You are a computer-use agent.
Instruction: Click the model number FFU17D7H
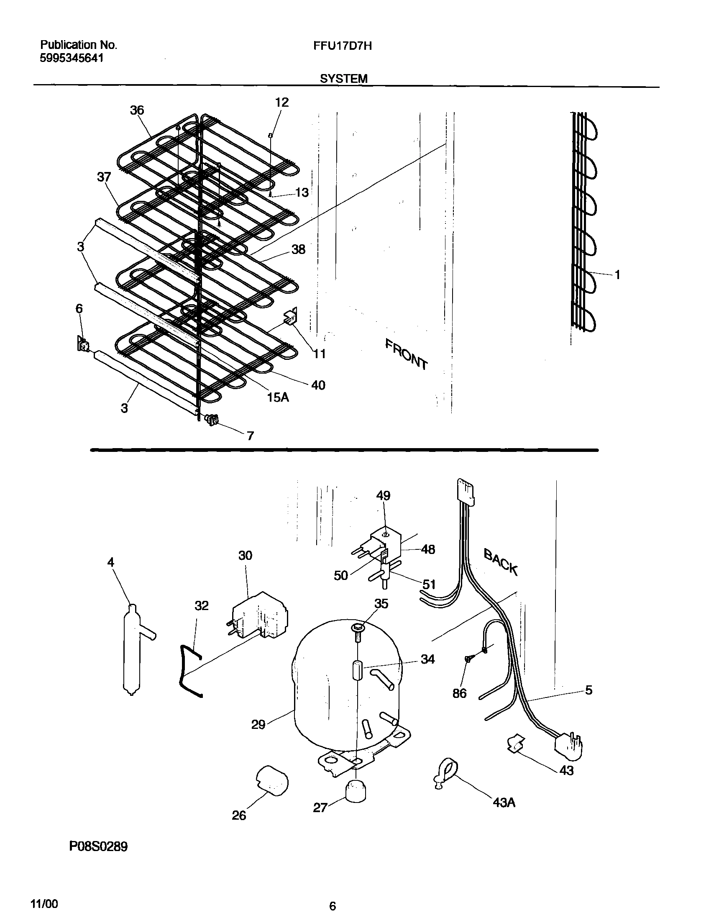pyautogui.click(x=342, y=46)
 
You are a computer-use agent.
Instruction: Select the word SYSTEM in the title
pyautogui.click(x=343, y=79)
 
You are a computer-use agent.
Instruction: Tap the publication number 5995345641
pyautogui.click(x=72, y=58)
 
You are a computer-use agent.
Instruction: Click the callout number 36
pyautogui.click(x=137, y=110)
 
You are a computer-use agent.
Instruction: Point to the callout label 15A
pyautogui.click(x=278, y=397)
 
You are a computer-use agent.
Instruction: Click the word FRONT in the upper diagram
pyautogui.click(x=407, y=354)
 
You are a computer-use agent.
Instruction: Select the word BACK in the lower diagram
pyautogui.click(x=500, y=562)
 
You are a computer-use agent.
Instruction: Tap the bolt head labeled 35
pyautogui.click(x=356, y=629)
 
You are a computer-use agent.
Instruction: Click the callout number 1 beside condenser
pyautogui.click(x=617, y=275)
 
